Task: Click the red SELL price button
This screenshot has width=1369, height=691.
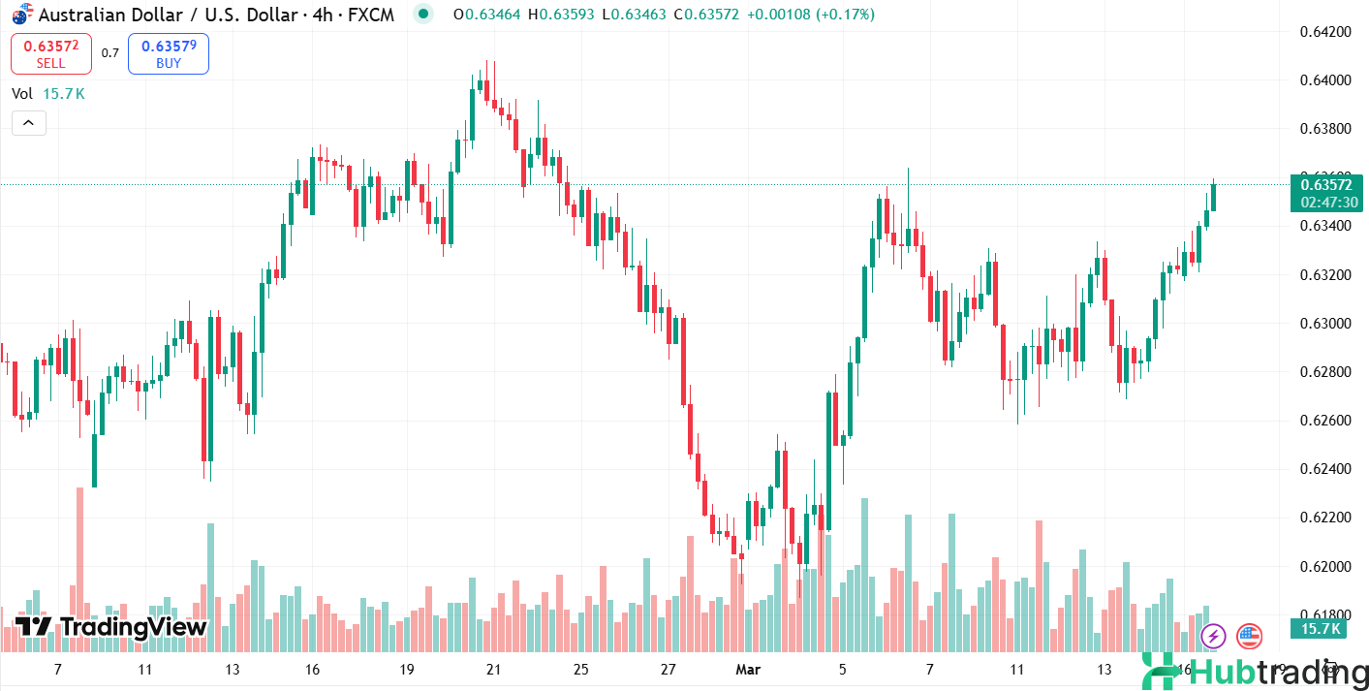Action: tap(51, 53)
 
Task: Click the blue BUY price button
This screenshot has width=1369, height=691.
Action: tap(169, 53)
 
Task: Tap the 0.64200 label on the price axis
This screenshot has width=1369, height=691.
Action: tap(1324, 31)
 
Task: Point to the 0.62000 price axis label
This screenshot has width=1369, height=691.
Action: tap(1324, 566)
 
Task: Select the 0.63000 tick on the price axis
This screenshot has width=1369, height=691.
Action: tap(1324, 323)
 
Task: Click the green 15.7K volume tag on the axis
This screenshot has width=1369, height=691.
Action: tap(1321, 629)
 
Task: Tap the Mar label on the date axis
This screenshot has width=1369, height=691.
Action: tap(749, 670)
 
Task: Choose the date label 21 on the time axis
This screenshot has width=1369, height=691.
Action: tap(493, 670)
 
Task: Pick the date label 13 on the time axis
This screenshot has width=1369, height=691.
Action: tap(233, 670)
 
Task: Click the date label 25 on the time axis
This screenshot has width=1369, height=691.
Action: tap(581, 670)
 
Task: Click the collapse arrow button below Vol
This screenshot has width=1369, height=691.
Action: tap(29, 123)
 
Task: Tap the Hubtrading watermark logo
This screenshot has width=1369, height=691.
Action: tap(1255, 671)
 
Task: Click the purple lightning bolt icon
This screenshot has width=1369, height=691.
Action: tap(1213, 637)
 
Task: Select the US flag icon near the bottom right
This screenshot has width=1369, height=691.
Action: tap(1250, 637)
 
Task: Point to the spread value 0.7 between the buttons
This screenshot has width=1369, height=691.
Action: tap(110, 53)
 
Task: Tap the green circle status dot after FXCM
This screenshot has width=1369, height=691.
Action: tap(422, 14)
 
